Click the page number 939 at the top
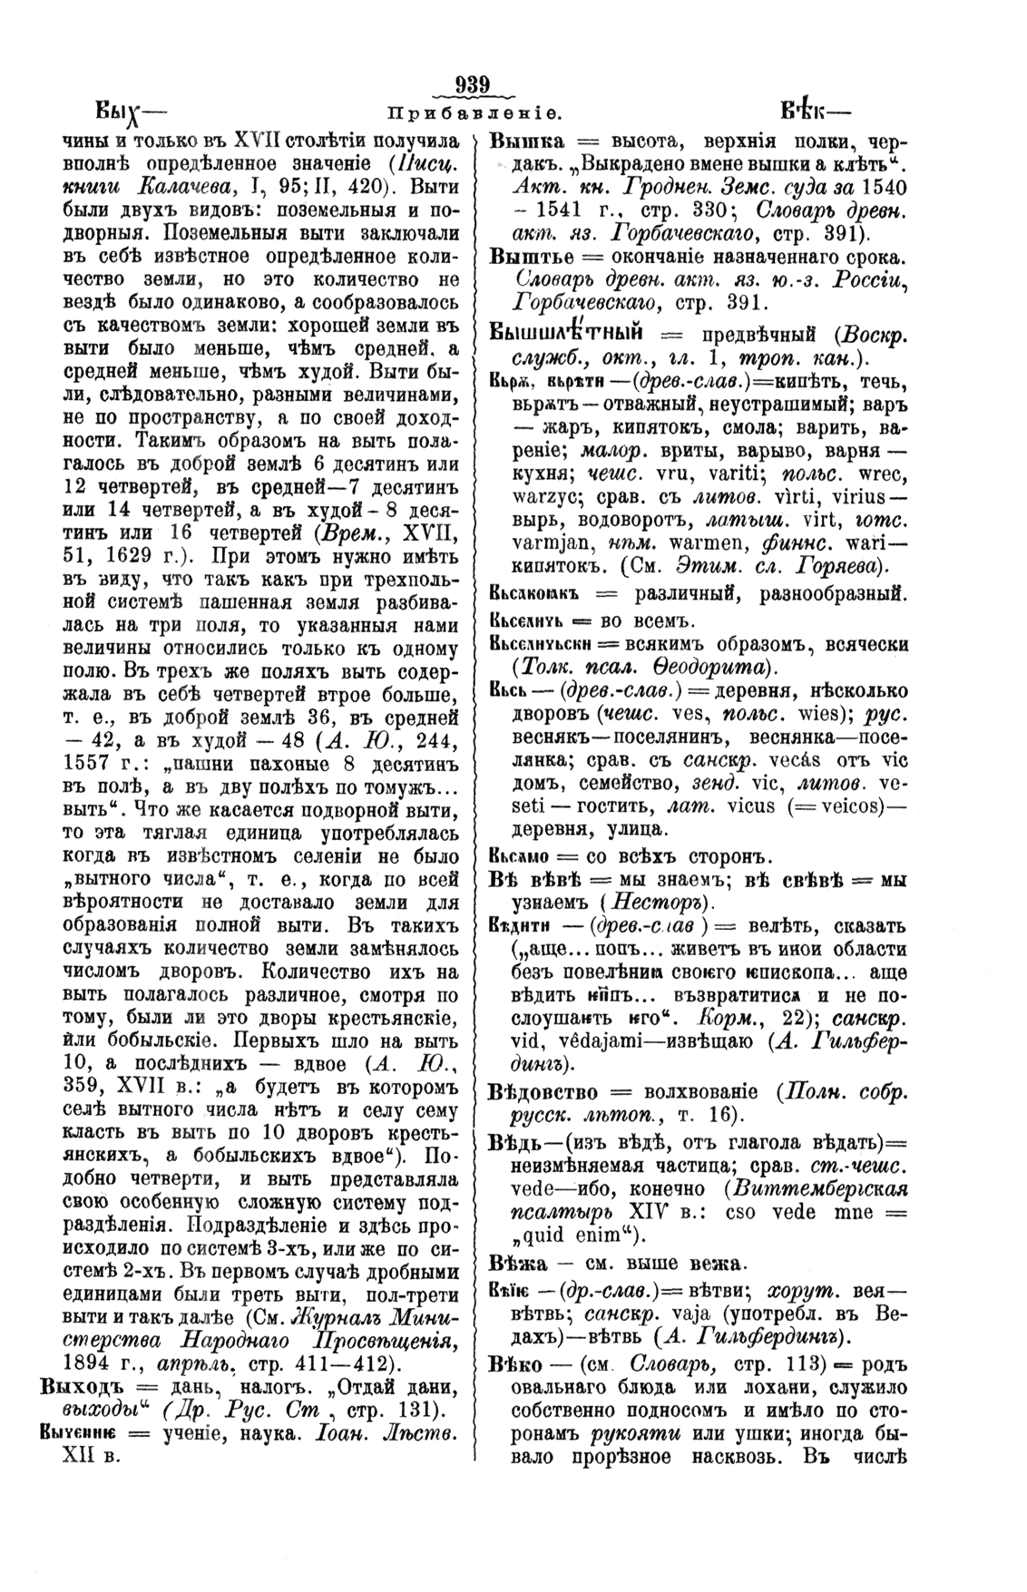coord(474,85)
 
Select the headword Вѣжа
coord(518,1263)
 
